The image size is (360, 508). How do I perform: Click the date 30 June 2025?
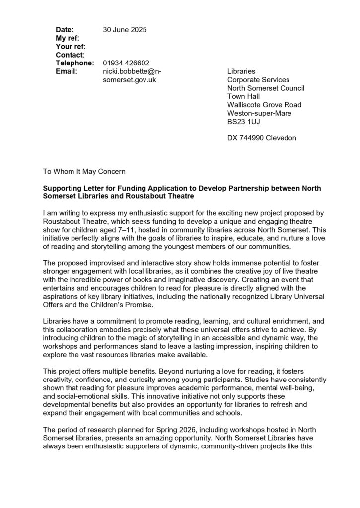click(x=125, y=30)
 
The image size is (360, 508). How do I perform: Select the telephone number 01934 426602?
click(x=126, y=63)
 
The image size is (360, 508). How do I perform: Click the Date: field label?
click(x=65, y=30)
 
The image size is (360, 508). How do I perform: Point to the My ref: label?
click(x=68, y=38)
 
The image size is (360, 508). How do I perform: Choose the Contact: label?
click(x=70, y=55)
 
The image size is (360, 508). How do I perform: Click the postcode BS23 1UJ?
click(x=244, y=122)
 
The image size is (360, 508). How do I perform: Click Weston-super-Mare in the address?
click(x=259, y=113)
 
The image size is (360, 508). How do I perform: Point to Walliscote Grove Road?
click(x=264, y=105)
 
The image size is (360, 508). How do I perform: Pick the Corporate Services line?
click(x=258, y=80)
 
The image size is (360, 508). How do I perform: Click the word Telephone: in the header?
click(x=74, y=63)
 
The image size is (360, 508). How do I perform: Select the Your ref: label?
click(x=71, y=46)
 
